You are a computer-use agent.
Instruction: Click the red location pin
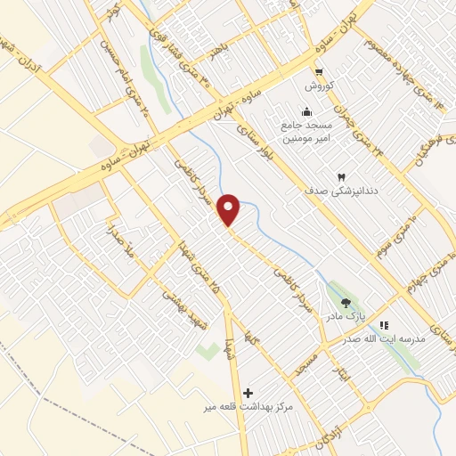pos(230,209)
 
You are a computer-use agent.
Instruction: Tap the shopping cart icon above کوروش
pos(318,74)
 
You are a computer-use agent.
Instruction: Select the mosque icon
pos(307,112)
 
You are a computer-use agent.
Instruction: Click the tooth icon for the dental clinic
pos(341,177)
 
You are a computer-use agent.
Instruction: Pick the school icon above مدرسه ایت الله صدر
pos(385,326)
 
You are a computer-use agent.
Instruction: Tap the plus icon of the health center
pos(248,392)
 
